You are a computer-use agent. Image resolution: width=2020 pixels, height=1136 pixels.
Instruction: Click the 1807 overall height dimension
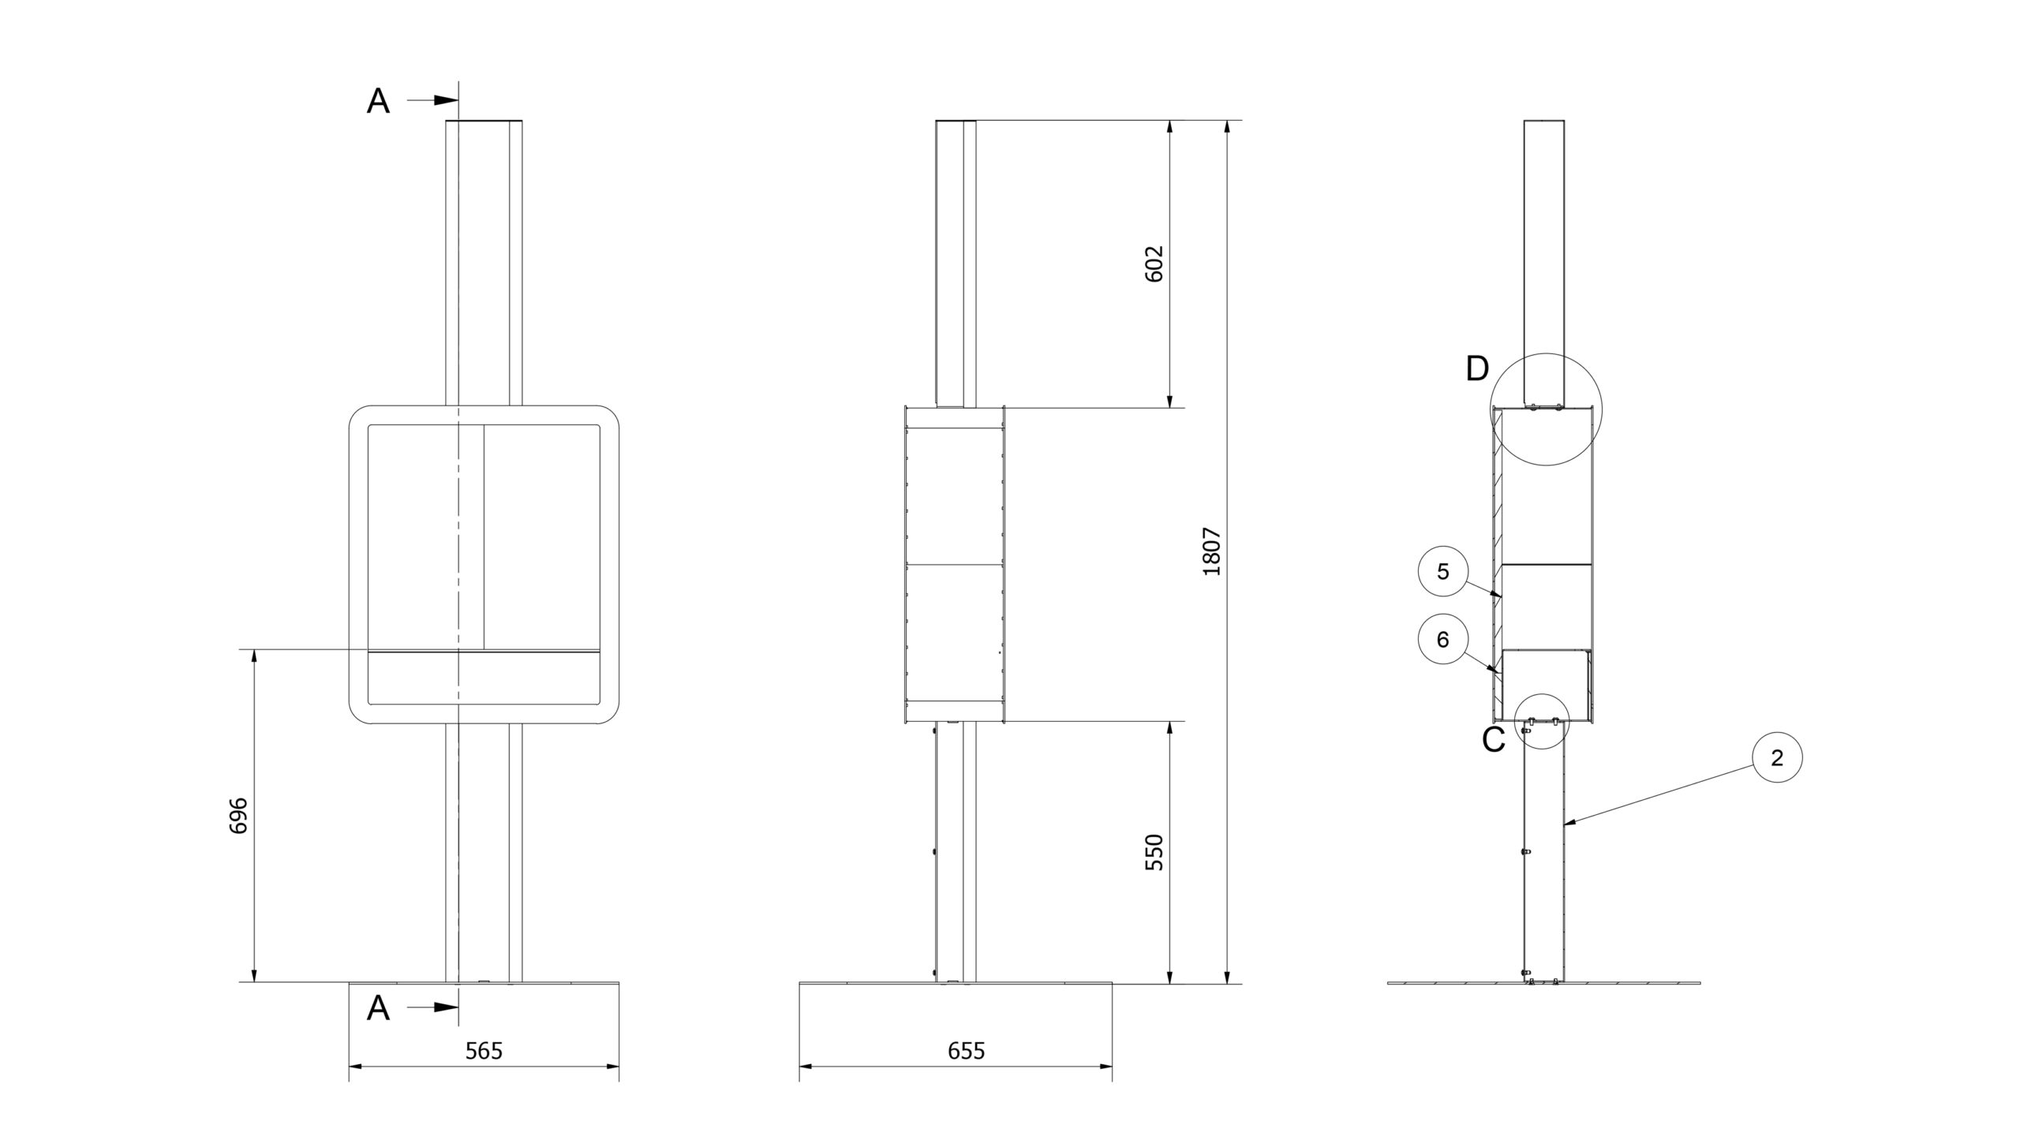tap(1212, 551)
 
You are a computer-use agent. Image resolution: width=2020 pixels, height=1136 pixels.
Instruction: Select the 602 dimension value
tap(1154, 264)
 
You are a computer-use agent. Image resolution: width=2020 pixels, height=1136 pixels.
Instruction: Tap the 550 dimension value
tap(1154, 852)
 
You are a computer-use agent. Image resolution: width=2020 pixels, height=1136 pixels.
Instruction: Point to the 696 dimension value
tap(238, 816)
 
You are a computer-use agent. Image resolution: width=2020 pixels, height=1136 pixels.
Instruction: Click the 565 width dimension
tap(484, 1051)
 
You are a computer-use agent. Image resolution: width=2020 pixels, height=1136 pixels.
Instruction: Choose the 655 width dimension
tap(967, 1051)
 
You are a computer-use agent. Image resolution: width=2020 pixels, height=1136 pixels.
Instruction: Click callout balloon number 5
tap(1443, 572)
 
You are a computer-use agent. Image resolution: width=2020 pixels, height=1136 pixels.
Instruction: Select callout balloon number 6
tap(1443, 640)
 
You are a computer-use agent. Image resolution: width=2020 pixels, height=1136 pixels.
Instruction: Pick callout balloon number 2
tap(1777, 758)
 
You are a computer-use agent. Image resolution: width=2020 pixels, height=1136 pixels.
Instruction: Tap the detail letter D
tap(1477, 369)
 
